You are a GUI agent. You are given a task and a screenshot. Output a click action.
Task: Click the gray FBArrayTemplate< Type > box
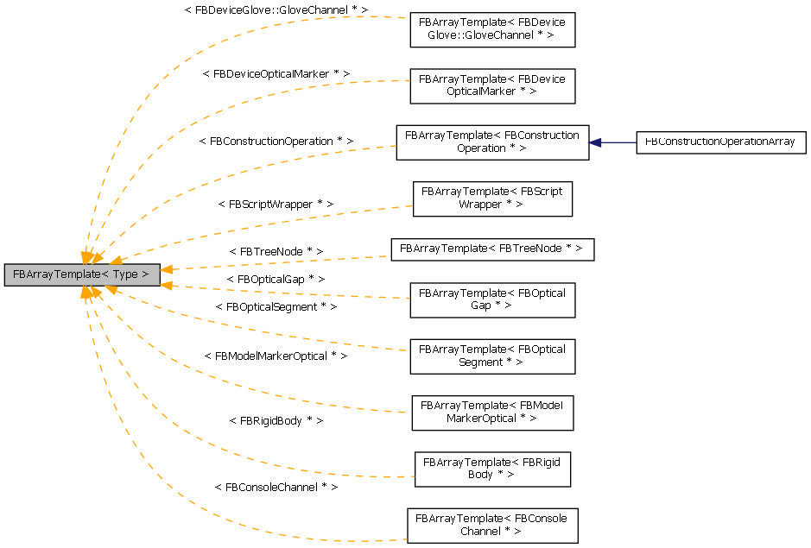click(x=81, y=274)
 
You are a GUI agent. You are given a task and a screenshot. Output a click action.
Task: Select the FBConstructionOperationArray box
click(x=720, y=142)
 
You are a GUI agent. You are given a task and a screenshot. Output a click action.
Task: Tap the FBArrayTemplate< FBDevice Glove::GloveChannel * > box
click(x=491, y=30)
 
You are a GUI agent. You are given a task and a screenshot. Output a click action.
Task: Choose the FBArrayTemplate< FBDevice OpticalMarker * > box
click(x=491, y=85)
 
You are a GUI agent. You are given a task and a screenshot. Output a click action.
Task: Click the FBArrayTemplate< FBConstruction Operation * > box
click(x=491, y=142)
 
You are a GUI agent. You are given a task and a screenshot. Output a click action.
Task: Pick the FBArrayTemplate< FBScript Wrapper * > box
click(x=491, y=198)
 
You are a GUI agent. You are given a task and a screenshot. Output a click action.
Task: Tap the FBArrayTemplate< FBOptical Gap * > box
click(x=491, y=299)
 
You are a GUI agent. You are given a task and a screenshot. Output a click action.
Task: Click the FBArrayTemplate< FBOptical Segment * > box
click(x=491, y=356)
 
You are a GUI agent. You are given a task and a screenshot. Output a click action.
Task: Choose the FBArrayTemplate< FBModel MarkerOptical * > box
click(x=491, y=412)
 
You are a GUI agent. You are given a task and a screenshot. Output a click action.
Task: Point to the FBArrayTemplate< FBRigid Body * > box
click(x=491, y=469)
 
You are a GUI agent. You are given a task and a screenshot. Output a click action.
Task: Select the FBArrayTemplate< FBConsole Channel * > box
click(x=491, y=525)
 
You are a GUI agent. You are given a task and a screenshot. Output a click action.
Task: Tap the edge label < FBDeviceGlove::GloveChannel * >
click(x=276, y=9)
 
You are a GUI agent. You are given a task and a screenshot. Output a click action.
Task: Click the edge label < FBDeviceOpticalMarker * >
click(x=276, y=74)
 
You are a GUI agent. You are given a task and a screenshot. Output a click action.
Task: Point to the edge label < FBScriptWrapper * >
click(x=276, y=205)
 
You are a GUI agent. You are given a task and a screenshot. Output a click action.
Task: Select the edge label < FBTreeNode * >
click(x=276, y=251)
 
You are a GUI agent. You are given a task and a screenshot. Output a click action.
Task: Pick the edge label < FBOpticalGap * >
click(x=276, y=280)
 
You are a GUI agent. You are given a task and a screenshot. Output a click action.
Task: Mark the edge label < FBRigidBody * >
click(x=276, y=420)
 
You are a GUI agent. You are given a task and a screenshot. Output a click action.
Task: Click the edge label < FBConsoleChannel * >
click(x=276, y=487)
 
